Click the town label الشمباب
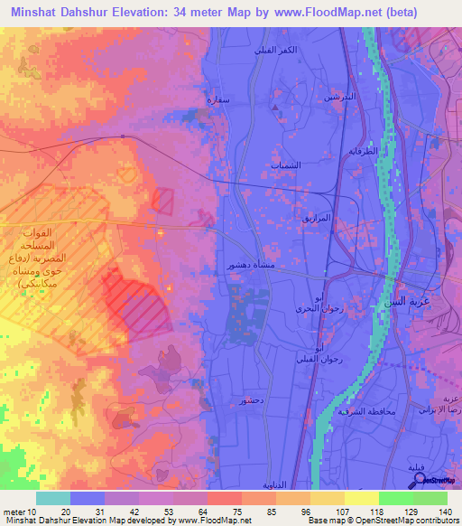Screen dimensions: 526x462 [x=285, y=165]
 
